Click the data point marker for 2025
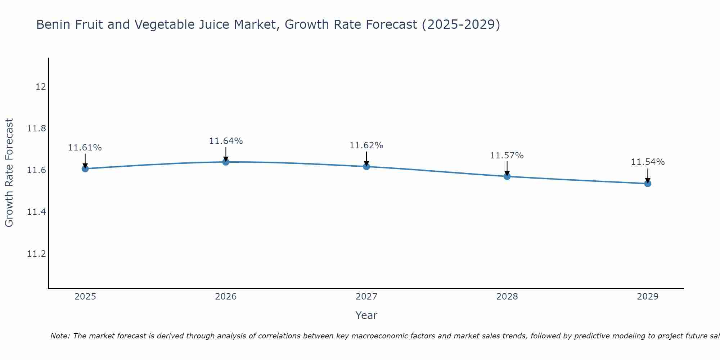point(85,168)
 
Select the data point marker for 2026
point(226,162)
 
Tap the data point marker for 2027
point(366,166)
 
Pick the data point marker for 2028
point(507,176)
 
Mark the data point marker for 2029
point(648,184)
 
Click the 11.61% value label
point(85,148)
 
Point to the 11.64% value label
point(226,141)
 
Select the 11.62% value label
point(366,145)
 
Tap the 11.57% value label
point(507,156)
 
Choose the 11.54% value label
point(648,162)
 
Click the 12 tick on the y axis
point(41,87)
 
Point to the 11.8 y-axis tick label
point(37,129)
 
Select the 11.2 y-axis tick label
point(37,254)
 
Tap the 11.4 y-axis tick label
point(37,212)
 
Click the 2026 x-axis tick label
point(226,297)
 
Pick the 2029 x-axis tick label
point(648,297)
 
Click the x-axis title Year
point(366,315)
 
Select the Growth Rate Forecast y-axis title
point(9,173)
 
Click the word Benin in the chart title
point(51,25)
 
